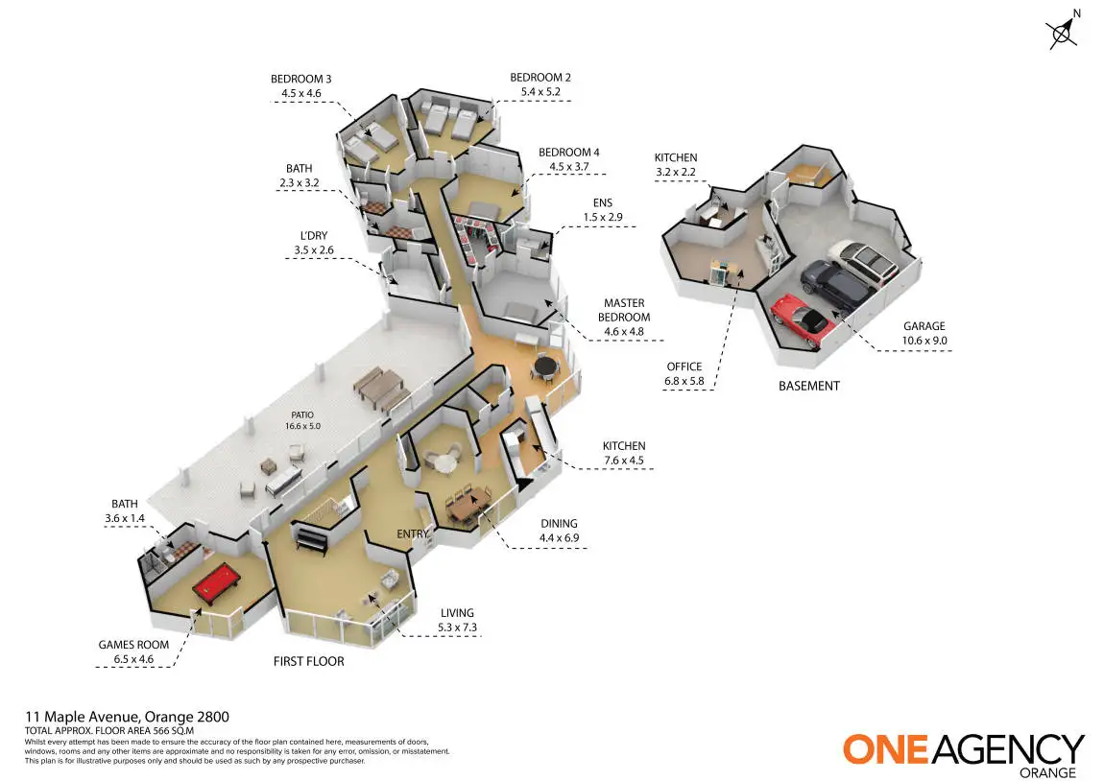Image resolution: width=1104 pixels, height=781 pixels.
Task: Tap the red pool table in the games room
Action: (x=221, y=586)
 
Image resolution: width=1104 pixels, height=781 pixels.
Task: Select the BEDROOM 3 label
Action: (x=300, y=80)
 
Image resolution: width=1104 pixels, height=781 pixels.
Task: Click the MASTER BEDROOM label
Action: (x=623, y=310)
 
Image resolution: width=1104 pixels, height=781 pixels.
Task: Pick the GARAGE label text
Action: (x=924, y=326)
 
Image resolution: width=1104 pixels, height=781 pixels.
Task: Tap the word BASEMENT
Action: (x=809, y=386)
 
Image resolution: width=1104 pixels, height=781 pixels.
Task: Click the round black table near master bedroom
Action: (x=545, y=366)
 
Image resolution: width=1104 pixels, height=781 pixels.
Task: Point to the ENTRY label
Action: (x=412, y=533)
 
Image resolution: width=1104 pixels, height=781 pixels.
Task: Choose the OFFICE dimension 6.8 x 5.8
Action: (x=684, y=380)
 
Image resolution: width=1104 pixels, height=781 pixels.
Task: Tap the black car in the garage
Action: (x=834, y=283)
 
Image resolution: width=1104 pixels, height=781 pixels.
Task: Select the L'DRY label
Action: (x=314, y=236)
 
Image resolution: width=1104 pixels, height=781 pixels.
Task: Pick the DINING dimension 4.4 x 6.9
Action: (x=559, y=537)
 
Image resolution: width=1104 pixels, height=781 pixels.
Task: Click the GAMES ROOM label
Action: (x=133, y=645)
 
